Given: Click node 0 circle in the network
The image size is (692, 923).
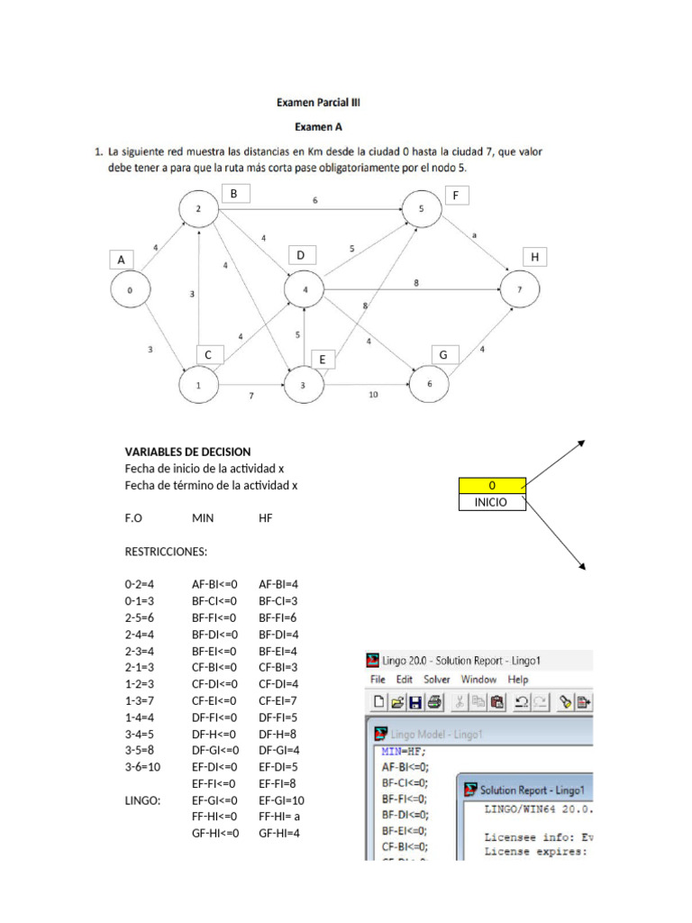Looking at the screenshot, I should [130, 290].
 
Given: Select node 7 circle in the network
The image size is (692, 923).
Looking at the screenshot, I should [520, 290].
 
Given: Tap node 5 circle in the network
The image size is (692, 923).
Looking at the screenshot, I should [422, 209].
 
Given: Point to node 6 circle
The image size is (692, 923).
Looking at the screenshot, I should [429, 385].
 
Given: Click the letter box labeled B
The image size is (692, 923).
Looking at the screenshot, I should [233, 194].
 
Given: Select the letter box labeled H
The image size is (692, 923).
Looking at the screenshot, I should [534, 258].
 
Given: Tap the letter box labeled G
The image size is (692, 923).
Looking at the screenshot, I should [443, 355].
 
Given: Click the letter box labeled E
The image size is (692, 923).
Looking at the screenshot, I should [323, 360].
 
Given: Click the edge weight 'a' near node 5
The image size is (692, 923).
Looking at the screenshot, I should [476, 236].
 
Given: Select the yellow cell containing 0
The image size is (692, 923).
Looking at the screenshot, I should [492, 487].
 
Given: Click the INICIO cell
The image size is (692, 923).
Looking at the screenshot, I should [492, 502].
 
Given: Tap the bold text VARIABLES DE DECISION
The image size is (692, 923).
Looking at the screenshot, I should [187, 452].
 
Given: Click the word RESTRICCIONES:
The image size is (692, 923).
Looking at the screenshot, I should [165, 551].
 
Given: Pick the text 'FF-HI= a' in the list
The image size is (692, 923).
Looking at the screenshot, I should [279, 817].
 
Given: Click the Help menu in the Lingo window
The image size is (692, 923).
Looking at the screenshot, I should [518, 680].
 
